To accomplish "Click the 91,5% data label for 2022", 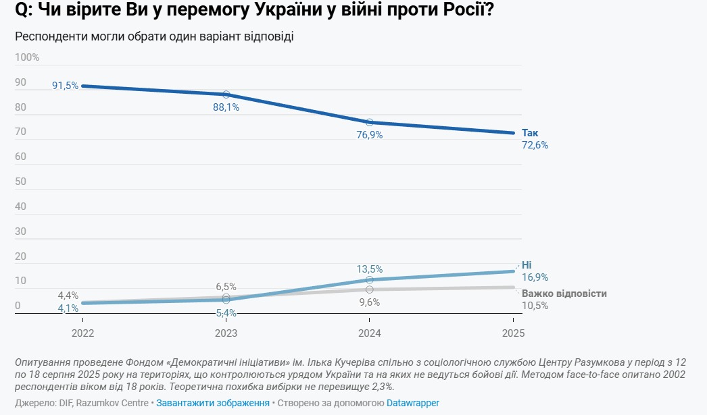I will click(x=65, y=86).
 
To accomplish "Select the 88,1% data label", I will click(x=226, y=107).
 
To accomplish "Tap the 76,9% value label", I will click(x=369, y=135).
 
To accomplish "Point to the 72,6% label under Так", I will click(x=535, y=145).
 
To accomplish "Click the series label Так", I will click(x=530, y=133).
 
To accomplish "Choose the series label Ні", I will click(x=527, y=265).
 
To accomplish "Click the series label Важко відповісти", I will click(x=564, y=294).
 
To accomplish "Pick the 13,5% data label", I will click(x=369, y=269).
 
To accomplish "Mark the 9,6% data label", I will click(x=369, y=302).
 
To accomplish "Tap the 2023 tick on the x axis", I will click(x=226, y=333).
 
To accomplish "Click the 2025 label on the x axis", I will click(x=513, y=333).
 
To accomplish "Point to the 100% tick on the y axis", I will click(x=27, y=57).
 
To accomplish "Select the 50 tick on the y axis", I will click(x=20, y=182).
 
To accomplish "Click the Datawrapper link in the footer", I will click(x=412, y=403).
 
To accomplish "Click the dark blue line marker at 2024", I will click(x=369, y=122).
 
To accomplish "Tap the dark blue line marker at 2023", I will click(x=226, y=94).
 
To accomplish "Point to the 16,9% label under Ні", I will click(x=535, y=277).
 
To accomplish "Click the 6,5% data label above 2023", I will click(x=226, y=287).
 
